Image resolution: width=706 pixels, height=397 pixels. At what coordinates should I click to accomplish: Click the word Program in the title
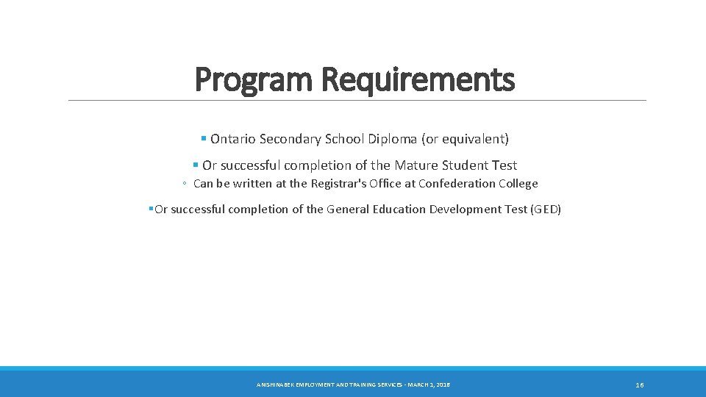pos(254,79)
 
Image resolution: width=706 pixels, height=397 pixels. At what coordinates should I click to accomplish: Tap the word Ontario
pos(232,138)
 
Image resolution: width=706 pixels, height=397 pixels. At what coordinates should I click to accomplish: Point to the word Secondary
pos(288,138)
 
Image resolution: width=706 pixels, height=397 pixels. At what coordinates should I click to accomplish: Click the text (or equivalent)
pos(465,138)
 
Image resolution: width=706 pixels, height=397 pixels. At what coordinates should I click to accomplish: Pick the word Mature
pos(417,165)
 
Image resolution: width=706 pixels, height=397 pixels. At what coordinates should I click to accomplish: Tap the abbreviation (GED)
pos(546,210)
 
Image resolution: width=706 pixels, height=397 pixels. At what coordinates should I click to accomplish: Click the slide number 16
pos(640,385)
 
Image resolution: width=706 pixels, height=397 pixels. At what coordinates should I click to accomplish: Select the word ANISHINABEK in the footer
pos(274,385)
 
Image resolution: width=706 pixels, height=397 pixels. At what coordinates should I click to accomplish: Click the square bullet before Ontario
pos(203,138)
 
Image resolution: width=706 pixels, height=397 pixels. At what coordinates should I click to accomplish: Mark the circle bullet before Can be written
pos(186,184)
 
